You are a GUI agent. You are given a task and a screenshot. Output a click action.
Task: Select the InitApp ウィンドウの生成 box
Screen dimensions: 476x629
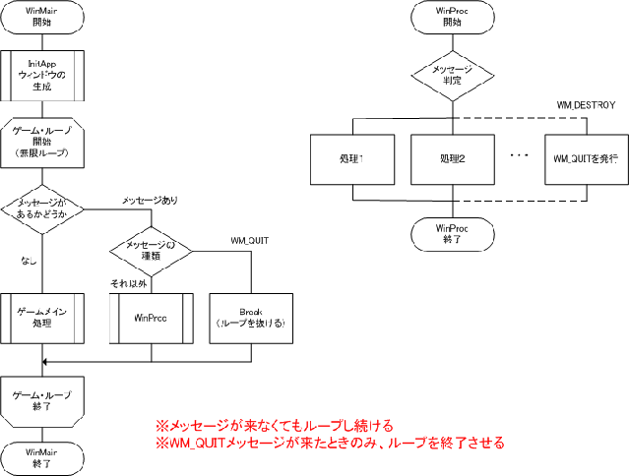(x=41, y=74)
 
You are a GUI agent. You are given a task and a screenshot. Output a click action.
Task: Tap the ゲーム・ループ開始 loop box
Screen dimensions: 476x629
(x=40, y=143)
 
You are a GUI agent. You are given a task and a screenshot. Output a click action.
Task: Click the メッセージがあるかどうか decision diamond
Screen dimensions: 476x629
(x=41, y=208)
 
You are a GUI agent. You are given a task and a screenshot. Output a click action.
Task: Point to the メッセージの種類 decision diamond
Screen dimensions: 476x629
(x=151, y=251)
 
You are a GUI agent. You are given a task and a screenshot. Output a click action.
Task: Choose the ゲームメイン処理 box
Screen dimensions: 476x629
(x=40, y=317)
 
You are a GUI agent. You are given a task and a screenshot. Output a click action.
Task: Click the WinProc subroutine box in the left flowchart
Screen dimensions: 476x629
(x=150, y=318)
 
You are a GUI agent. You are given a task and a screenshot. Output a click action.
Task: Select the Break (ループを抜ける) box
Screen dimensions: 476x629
(x=251, y=318)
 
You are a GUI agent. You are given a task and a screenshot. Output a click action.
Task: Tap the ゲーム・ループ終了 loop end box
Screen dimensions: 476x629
(x=40, y=399)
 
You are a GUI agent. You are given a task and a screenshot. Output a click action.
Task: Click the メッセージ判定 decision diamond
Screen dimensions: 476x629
(x=452, y=75)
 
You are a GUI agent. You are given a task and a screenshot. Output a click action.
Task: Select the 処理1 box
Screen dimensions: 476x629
(x=350, y=158)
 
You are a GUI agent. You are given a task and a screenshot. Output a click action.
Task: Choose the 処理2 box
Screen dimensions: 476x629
(x=452, y=158)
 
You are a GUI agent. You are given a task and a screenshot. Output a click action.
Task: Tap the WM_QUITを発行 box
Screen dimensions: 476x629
(x=586, y=158)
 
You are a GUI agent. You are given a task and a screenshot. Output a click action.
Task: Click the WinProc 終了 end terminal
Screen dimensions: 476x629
(x=452, y=232)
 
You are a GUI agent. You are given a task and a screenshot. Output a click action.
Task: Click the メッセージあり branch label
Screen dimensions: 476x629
(x=150, y=201)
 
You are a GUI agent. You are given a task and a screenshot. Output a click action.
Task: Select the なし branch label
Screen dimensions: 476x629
(x=29, y=261)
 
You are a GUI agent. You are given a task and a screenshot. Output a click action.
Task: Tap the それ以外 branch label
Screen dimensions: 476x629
(x=129, y=283)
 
